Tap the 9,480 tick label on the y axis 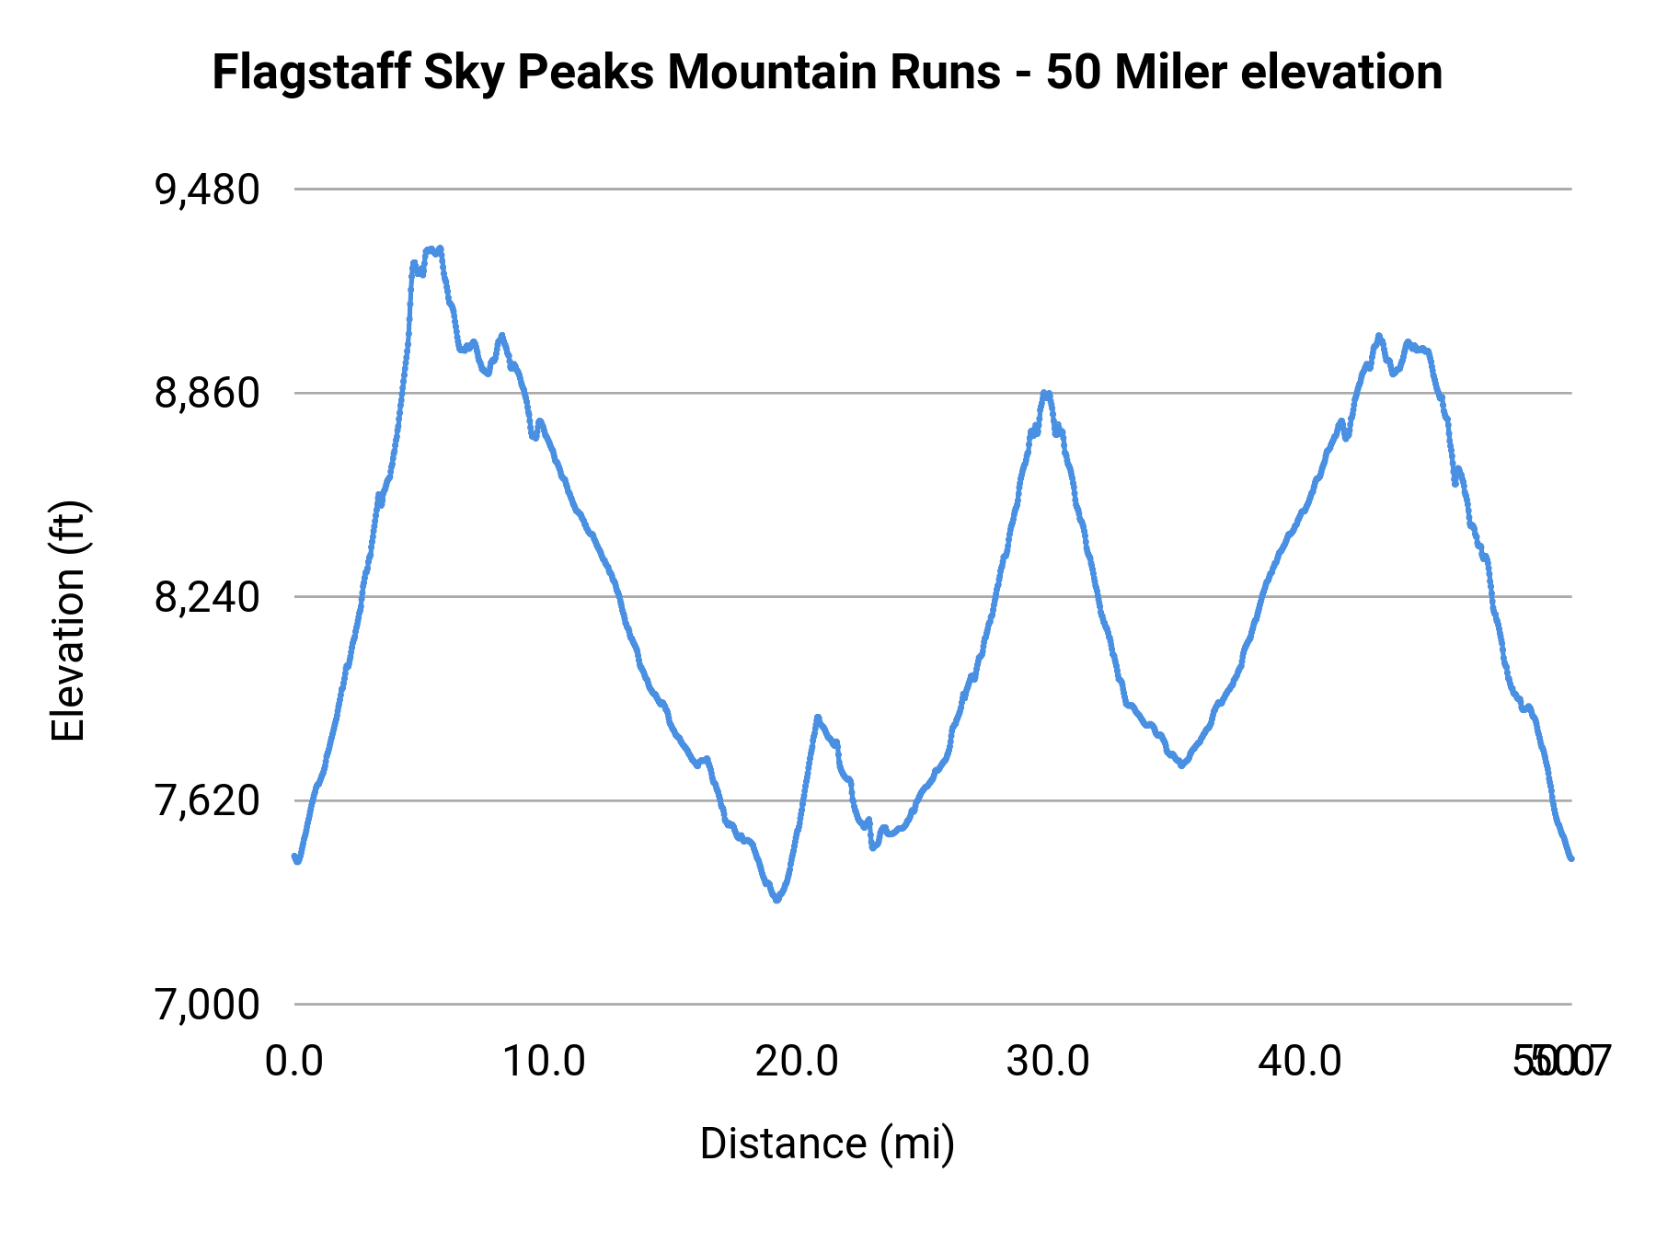207,190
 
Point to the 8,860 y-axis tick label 207,394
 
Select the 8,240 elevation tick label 207,597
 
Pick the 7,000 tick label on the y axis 207,1005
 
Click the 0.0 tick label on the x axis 294,1062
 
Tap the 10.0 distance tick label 545,1062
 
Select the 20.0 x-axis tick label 797,1062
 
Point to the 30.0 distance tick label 1048,1062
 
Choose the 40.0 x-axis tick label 1300,1062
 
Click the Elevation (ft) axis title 68,621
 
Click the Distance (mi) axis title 827,1144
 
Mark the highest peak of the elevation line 431,248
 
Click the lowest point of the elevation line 777,900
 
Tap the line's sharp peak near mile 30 1045,393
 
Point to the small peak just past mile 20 817,717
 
